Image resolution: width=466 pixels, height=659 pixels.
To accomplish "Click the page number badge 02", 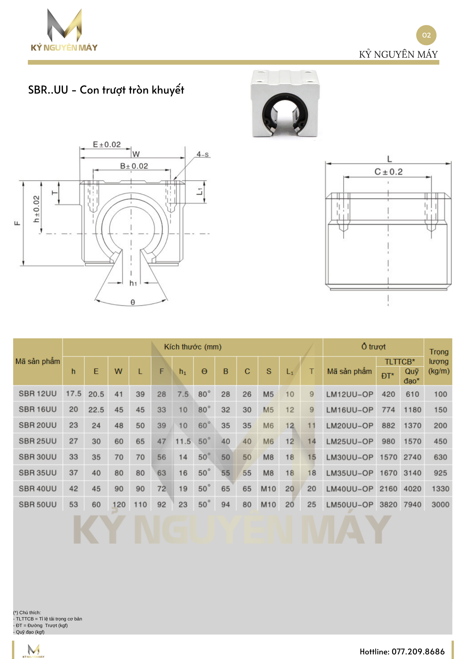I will [426, 35].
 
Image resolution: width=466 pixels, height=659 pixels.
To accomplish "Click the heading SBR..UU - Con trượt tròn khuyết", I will [106, 90].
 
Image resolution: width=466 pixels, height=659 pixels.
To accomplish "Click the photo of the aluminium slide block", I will [285, 103].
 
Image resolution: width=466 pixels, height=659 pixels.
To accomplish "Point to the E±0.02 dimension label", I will [107, 144].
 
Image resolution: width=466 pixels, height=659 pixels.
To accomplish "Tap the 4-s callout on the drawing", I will [202, 154].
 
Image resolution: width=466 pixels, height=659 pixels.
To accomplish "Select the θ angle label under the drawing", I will [132, 302].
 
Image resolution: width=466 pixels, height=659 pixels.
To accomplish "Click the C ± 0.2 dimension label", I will [389, 172].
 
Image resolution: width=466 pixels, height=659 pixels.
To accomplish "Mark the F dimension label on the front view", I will [17, 223].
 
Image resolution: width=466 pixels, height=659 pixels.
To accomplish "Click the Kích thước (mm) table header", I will [192, 347].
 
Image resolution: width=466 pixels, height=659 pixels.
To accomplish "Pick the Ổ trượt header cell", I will [373, 347].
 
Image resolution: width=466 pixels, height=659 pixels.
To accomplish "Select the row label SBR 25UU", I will [38, 441].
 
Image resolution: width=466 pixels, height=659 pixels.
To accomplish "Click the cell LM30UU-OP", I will [350, 457].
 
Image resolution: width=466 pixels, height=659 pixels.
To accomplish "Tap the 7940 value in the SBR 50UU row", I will [412, 504].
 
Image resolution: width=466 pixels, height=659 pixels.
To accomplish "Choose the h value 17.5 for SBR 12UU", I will [73, 394].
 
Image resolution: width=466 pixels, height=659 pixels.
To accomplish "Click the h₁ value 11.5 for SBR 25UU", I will [183, 441].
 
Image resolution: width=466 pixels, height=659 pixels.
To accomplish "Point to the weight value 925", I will [440, 473].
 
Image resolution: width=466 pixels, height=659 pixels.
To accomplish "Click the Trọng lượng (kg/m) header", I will [439, 361].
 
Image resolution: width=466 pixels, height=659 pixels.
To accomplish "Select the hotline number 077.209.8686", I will [418, 651].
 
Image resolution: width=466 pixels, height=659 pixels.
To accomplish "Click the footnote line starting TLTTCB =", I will [48, 619].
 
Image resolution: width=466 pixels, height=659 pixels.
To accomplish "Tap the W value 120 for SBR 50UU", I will [119, 504].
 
